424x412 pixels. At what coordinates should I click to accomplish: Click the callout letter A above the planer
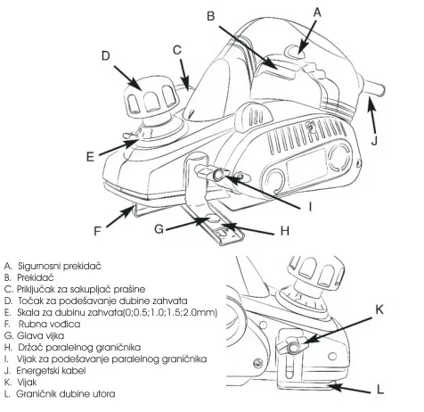tap(317, 12)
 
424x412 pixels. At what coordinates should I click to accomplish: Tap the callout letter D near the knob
tap(106, 55)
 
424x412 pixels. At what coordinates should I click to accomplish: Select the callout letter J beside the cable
tap(374, 140)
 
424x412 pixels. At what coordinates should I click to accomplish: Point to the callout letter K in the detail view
tap(379, 309)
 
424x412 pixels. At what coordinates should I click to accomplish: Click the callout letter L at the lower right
tap(380, 389)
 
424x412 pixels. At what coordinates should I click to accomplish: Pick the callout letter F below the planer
tap(97, 231)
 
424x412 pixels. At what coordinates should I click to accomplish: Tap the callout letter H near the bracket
tap(285, 231)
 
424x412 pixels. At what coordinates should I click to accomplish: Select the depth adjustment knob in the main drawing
tap(150, 100)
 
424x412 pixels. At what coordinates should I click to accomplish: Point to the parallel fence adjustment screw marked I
tap(218, 174)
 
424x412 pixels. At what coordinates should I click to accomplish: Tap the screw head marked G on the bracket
tap(213, 218)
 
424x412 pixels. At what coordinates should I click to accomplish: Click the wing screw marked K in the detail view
tap(292, 346)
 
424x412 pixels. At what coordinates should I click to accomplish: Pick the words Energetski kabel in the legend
tap(51, 371)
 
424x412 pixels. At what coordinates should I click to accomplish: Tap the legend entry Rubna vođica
tap(49, 324)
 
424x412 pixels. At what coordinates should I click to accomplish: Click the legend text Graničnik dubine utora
tap(66, 394)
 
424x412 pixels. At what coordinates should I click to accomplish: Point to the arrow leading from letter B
tap(249, 48)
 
